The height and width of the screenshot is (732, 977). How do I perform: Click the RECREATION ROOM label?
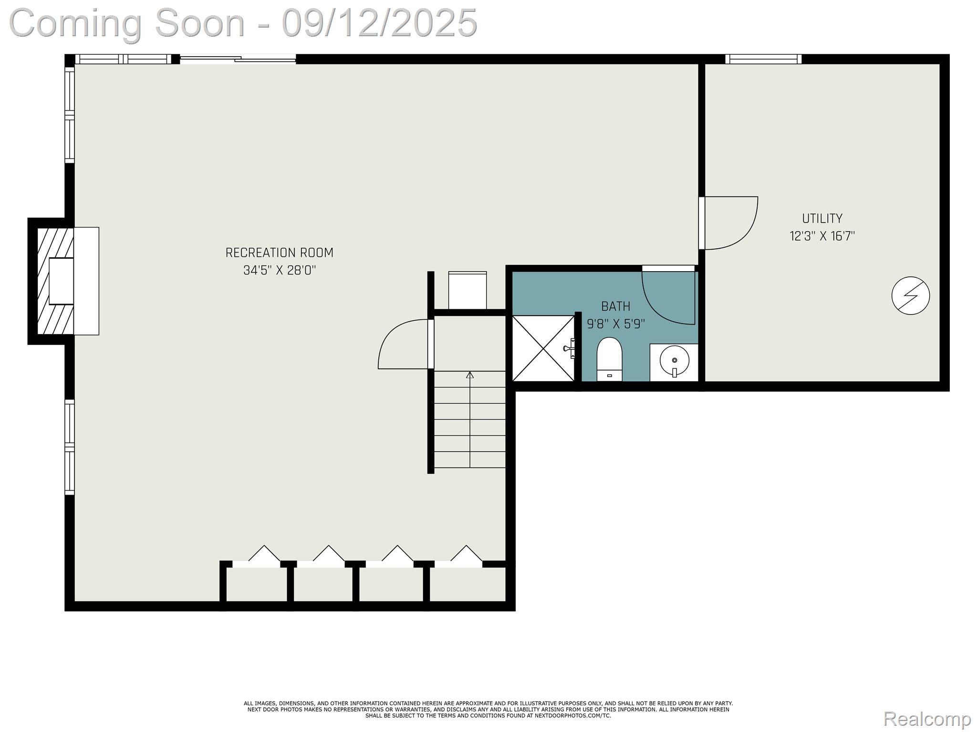pos(279,253)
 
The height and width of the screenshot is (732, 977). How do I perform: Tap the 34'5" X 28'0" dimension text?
pos(280,271)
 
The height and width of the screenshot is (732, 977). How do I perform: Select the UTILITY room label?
pos(822,219)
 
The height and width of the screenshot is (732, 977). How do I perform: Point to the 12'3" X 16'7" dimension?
pos(822,236)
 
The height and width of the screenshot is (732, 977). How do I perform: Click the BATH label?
pos(615,306)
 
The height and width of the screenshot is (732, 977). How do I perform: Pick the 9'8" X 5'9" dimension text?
pos(615,325)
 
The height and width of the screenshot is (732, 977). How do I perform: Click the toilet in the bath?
pos(610,358)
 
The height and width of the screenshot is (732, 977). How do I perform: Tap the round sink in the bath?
pos(674,361)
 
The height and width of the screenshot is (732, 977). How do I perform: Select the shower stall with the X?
pos(543,348)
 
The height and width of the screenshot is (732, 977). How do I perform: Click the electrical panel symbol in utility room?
pos(910,295)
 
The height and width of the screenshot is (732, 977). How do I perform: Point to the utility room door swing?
pos(730,223)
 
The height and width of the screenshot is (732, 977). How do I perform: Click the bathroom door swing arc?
pos(668,298)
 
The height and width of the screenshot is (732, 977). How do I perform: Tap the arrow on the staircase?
pos(470,376)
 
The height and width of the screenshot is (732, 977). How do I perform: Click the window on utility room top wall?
pos(763,59)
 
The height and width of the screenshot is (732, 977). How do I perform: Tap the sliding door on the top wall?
pos(238,60)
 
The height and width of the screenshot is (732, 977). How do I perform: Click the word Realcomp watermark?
pos(927,718)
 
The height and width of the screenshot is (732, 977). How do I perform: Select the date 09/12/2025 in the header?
pos(379,23)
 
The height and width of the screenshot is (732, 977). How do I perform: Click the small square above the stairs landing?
pos(468,290)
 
